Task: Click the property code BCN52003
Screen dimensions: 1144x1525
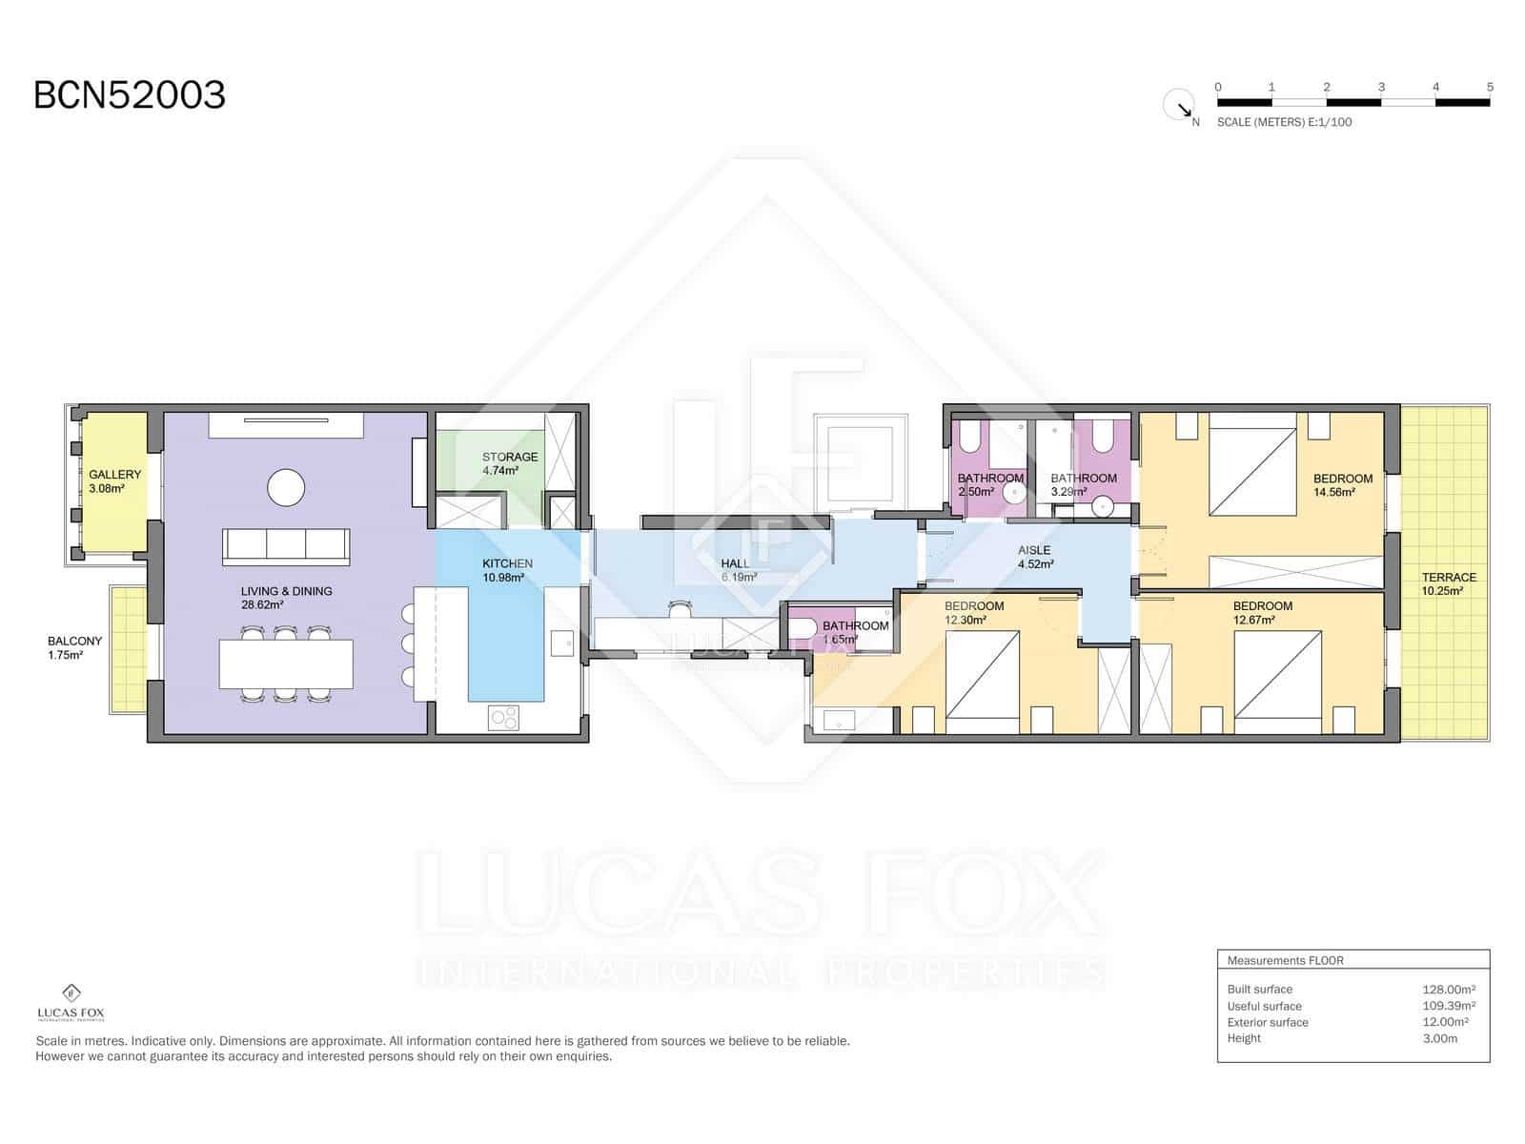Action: click(x=130, y=95)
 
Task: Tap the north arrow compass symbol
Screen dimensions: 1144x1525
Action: click(x=1179, y=105)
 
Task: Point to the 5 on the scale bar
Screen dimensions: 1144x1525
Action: click(x=1490, y=87)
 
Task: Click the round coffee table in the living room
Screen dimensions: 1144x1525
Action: click(x=286, y=488)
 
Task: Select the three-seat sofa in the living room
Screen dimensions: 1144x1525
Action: click(x=286, y=546)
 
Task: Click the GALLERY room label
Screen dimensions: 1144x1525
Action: click(x=114, y=480)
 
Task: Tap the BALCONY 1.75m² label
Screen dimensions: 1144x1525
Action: click(x=74, y=648)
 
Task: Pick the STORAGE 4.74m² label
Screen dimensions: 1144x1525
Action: click(x=509, y=463)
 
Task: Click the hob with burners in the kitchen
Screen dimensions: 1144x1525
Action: click(x=503, y=717)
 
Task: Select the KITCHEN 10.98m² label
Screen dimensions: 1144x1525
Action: click(x=507, y=570)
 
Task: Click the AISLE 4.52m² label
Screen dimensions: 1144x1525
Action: click(x=1034, y=557)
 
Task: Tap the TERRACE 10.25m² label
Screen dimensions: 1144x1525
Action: click(x=1448, y=583)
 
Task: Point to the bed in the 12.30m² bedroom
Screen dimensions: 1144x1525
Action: click(x=983, y=675)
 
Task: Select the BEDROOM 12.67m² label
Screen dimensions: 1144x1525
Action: click(x=1262, y=612)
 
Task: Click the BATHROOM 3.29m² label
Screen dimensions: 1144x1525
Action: click(x=1083, y=484)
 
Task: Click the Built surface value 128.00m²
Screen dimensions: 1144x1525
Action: click(x=1448, y=989)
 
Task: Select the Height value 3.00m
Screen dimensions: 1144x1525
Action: click(x=1439, y=1038)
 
